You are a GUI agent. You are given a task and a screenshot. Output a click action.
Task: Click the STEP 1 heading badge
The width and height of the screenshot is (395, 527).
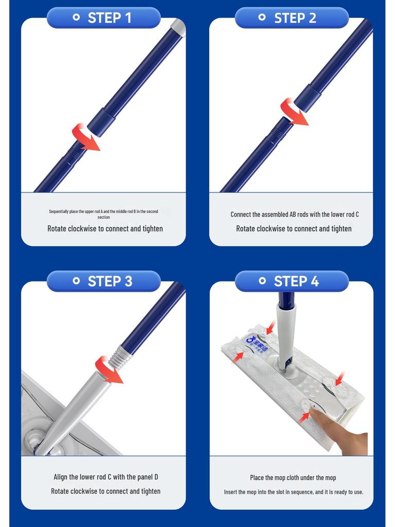point(103,17)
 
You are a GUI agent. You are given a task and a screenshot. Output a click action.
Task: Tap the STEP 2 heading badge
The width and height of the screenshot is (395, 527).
point(292,17)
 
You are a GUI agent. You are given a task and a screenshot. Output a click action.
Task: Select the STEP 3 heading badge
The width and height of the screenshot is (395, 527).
point(103,281)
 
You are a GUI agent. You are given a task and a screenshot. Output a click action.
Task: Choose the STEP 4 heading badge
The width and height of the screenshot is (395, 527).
point(292,281)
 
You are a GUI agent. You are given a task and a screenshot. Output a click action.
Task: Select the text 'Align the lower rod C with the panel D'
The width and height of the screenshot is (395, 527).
point(105,477)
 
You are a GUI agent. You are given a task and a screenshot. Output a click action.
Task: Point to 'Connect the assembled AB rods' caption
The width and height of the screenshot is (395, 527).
point(294,214)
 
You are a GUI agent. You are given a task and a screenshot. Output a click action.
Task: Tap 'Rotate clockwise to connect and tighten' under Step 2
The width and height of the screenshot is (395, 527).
point(294,229)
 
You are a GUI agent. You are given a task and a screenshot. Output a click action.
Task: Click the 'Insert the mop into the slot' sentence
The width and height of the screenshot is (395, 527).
point(293,492)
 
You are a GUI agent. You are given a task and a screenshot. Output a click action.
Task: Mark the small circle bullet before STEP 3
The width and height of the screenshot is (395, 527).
point(76,281)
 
